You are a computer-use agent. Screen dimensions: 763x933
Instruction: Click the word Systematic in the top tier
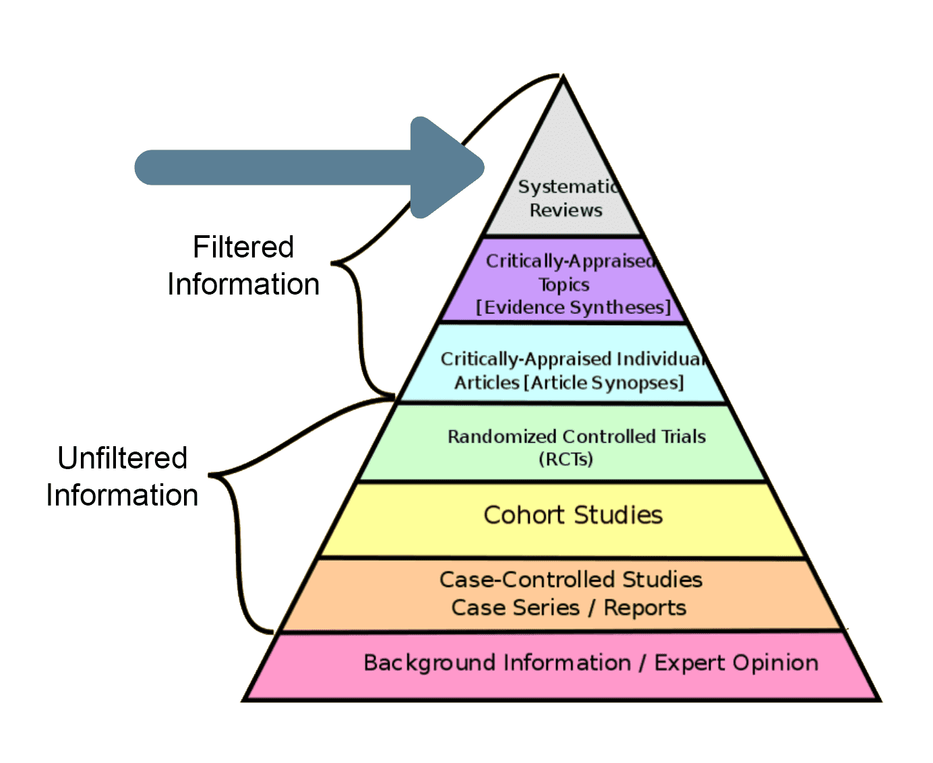click(x=567, y=187)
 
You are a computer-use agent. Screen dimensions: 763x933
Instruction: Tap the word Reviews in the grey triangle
click(x=566, y=210)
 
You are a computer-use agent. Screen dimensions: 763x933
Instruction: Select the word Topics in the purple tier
click(x=564, y=284)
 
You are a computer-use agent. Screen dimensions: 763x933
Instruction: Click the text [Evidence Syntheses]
click(x=574, y=308)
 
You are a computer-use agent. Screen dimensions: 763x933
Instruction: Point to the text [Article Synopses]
click(x=604, y=383)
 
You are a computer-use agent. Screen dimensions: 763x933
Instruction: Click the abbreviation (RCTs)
click(x=566, y=460)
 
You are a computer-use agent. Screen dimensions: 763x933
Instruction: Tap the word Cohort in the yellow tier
click(x=524, y=515)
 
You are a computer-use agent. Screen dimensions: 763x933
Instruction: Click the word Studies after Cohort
click(x=618, y=515)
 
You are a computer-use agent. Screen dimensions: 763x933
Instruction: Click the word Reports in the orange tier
click(x=644, y=608)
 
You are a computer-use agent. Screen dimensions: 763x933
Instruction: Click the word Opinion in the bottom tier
click(x=777, y=663)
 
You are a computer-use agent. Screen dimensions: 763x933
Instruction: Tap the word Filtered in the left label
click(x=243, y=247)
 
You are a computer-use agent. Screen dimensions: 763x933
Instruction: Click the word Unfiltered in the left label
click(x=122, y=458)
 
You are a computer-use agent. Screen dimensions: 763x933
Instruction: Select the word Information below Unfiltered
click(x=122, y=495)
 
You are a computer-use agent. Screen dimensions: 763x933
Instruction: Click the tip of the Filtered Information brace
click(x=333, y=263)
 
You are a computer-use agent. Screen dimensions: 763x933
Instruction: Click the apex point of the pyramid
click(x=563, y=76)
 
